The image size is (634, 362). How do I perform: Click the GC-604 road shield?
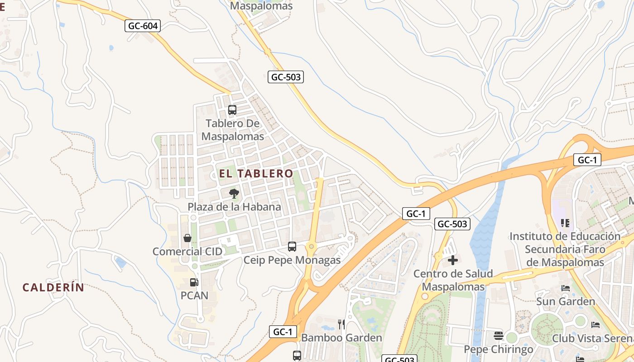coord(143,26)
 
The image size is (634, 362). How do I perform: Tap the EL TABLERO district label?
coord(256,173)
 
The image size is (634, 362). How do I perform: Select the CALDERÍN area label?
coord(53,287)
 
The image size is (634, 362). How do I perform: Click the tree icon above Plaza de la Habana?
coord(234,194)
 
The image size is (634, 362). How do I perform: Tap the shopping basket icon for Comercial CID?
coord(187,238)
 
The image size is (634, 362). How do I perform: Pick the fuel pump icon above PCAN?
coord(194,282)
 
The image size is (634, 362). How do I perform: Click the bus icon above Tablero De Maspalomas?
coord(232,110)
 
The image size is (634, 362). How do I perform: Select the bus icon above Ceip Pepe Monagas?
coord(292,247)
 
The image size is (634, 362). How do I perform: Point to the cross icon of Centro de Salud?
coord(452,260)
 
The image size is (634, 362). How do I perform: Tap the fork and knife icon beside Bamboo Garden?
coord(341,324)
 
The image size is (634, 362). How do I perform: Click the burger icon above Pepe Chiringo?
coord(498,336)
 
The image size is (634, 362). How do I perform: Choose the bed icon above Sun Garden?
coord(565,288)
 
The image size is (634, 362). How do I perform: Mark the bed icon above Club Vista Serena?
coord(596,325)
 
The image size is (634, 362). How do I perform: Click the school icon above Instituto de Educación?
coord(565,223)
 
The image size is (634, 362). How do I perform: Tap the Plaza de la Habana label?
coord(235,207)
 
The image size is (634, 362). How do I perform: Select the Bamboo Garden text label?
coord(341,338)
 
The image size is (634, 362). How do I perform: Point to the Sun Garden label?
coord(566,301)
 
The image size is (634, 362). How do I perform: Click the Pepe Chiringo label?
coord(499,349)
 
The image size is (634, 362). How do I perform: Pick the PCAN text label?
coord(194,295)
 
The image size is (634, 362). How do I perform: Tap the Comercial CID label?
coord(187,252)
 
